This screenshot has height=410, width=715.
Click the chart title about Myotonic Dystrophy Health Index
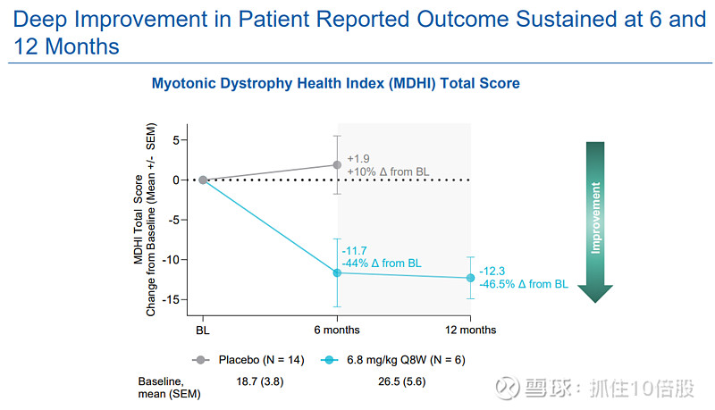335,83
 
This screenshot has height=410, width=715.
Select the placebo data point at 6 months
337,164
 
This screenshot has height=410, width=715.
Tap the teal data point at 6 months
337,272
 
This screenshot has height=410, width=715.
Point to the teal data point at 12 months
471,278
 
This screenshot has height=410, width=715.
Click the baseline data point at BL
203,180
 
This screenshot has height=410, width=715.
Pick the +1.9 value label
357,157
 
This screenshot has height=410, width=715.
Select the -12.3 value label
492,271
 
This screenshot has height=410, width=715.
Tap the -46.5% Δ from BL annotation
523,284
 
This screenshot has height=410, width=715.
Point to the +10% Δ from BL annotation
387,171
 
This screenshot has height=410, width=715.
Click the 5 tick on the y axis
176,140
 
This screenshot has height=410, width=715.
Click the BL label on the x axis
203,330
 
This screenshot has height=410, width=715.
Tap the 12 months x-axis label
471,330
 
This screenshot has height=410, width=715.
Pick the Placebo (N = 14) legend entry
249,360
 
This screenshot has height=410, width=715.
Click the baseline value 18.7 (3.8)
260,381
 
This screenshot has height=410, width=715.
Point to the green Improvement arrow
595,219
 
